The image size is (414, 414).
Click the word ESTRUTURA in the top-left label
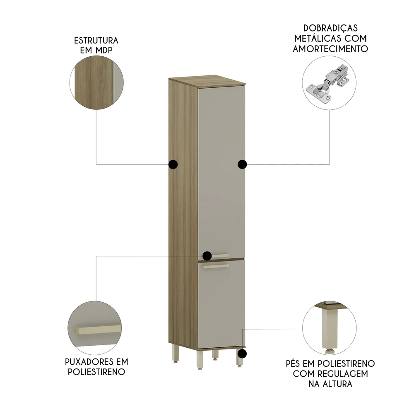(96, 41)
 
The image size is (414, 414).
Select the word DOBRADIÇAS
(330, 28)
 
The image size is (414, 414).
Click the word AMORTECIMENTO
(330, 49)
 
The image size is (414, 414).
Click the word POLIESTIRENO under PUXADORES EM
(96, 371)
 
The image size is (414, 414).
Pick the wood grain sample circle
(96, 83)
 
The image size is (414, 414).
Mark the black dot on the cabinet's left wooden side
(173, 164)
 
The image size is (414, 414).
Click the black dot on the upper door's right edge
(242, 164)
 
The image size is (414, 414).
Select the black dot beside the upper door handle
(207, 255)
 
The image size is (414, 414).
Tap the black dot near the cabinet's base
(243, 354)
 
